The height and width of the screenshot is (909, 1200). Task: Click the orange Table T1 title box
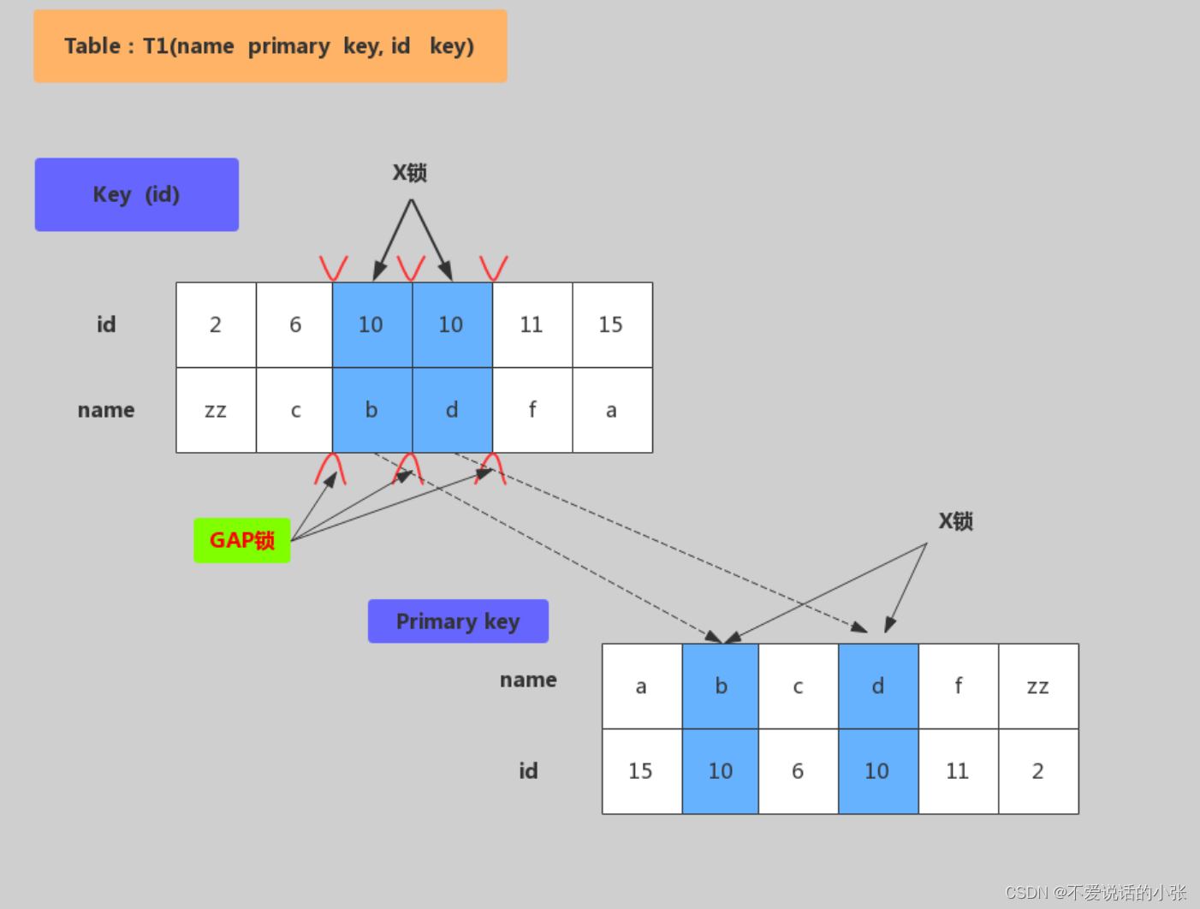click(270, 46)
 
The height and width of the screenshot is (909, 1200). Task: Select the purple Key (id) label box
click(136, 194)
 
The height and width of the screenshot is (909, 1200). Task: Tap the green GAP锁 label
click(241, 540)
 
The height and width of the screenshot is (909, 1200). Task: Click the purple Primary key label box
click(458, 621)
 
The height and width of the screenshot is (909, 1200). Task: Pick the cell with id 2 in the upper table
click(216, 324)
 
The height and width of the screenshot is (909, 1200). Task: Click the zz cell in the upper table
click(216, 410)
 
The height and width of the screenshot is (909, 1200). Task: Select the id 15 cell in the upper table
click(611, 324)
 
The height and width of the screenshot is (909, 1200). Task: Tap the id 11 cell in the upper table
click(532, 324)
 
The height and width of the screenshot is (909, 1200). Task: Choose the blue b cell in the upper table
click(371, 410)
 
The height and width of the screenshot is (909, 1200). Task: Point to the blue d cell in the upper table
click(452, 410)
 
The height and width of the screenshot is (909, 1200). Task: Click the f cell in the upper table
click(532, 410)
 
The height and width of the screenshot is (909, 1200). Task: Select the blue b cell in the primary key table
click(721, 686)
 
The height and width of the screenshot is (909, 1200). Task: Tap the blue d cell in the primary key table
click(878, 686)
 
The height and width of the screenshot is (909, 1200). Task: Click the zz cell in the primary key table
click(1038, 686)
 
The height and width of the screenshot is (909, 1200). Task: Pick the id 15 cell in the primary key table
click(641, 771)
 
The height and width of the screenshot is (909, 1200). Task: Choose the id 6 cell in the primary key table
click(798, 771)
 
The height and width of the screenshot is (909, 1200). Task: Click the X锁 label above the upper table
click(410, 173)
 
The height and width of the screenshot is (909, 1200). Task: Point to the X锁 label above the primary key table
click(955, 521)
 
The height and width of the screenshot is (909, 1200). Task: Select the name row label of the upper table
click(106, 410)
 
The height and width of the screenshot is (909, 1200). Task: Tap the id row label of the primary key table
click(528, 771)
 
